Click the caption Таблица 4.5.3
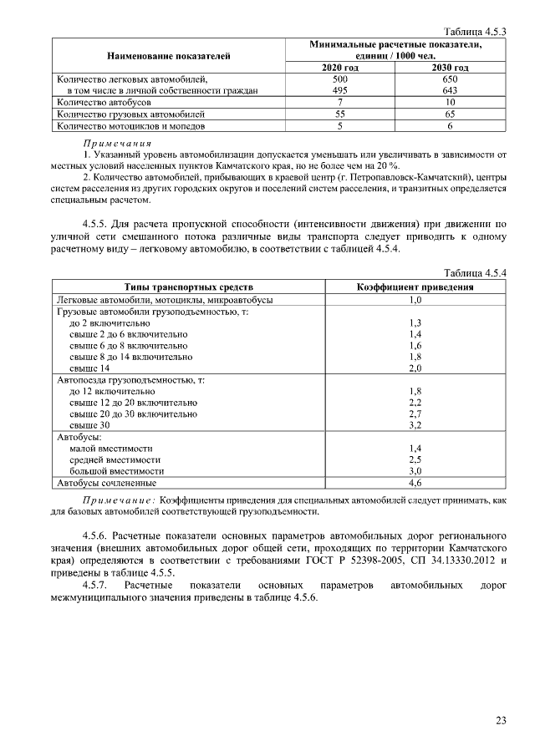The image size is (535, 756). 477,30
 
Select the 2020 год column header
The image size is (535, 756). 340,67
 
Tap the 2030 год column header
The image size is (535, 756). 450,67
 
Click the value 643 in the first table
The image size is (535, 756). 450,89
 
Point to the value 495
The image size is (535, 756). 340,89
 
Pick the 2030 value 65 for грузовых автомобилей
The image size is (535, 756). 450,114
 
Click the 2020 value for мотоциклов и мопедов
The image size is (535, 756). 340,126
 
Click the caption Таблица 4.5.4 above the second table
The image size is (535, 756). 477,273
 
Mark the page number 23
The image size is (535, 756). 501,721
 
